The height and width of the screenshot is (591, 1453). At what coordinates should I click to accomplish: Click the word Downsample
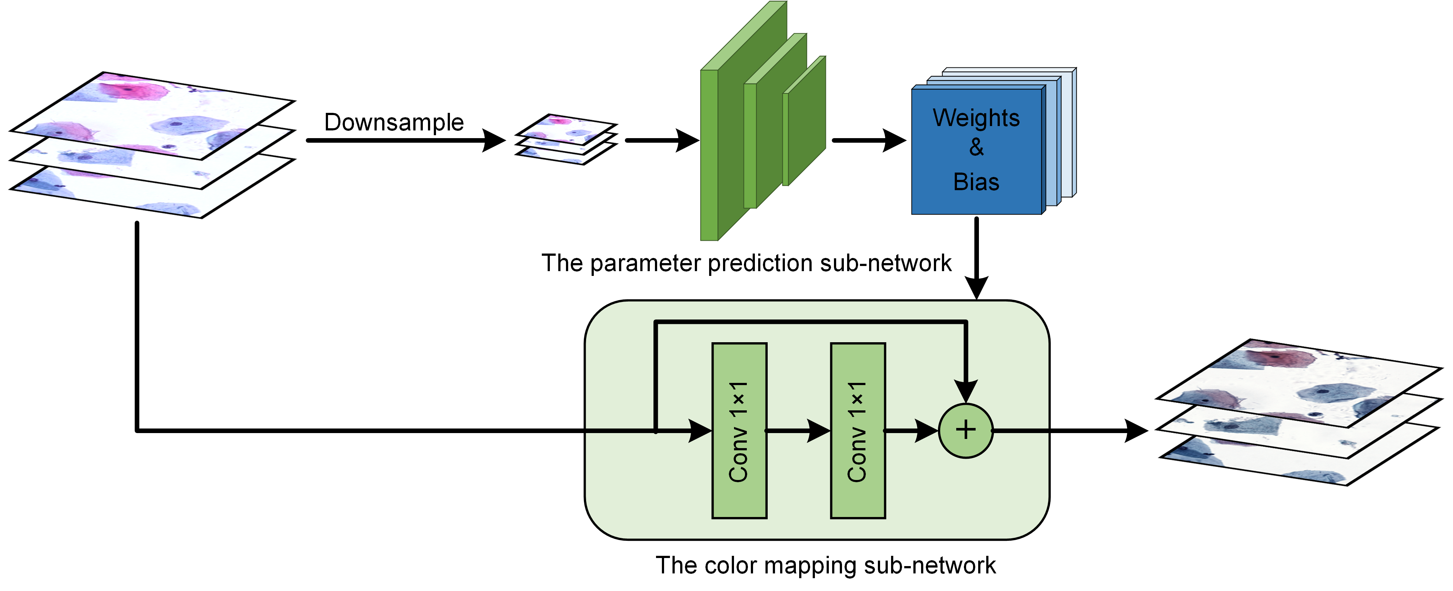tap(394, 122)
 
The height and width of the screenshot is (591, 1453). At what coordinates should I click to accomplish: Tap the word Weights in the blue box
tap(976, 118)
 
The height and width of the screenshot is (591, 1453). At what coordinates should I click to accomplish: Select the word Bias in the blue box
tap(976, 182)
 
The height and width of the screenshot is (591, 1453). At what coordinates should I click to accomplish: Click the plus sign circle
tap(966, 430)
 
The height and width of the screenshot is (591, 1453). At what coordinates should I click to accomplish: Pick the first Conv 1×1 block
tap(739, 430)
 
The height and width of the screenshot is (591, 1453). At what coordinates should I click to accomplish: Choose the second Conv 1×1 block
tap(857, 430)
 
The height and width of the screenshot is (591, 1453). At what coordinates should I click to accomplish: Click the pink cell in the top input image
tap(133, 90)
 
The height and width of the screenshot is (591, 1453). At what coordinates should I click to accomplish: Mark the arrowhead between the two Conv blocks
tap(819, 431)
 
